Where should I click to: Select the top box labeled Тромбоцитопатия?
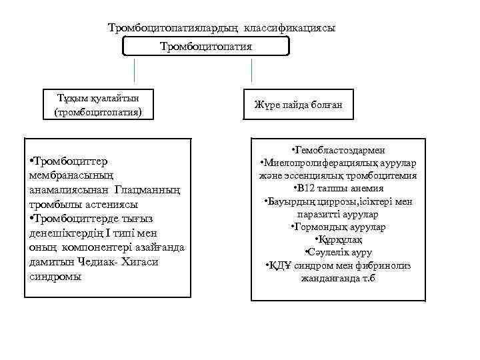(x=206, y=46)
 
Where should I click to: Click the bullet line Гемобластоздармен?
(x=338, y=151)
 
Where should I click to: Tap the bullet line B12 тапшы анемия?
(x=338, y=189)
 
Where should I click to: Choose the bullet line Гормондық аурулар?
(x=338, y=227)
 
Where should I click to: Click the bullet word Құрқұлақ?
(x=338, y=239)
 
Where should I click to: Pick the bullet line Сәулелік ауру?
(x=338, y=252)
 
